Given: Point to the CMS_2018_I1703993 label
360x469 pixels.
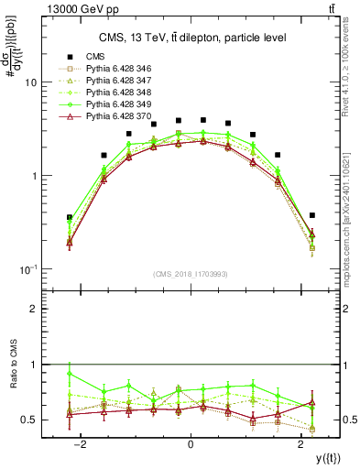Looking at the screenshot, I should pyautogui.click(x=191, y=274).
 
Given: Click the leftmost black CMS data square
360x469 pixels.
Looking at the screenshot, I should pyautogui.click(x=70, y=217).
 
